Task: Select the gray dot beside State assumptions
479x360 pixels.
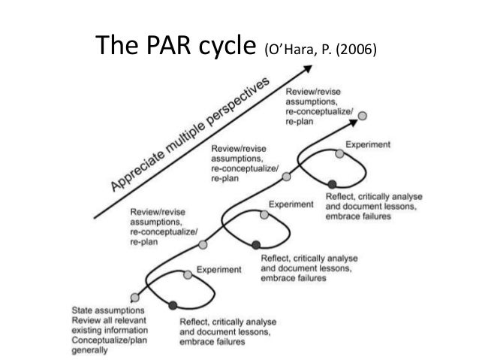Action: (134, 297)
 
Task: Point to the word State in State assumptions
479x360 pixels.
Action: (83, 308)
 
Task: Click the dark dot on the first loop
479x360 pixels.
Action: (173, 304)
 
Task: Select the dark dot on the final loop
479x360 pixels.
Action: (331, 184)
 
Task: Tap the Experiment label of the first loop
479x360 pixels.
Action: (218, 269)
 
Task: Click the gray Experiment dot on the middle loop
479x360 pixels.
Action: (264, 215)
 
